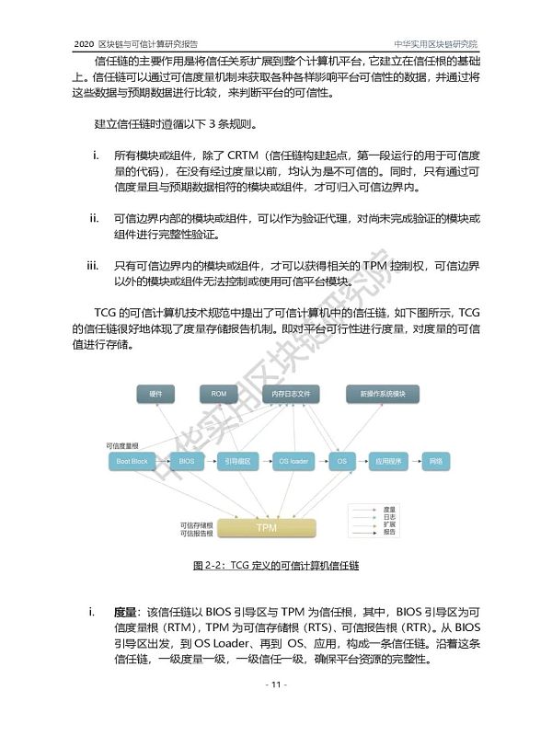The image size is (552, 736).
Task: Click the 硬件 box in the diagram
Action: [x=155, y=394]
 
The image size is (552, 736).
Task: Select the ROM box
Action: [x=219, y=394]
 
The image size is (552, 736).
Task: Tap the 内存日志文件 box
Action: [x=292, y=394]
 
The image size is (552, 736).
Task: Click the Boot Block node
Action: [x=132, y=460]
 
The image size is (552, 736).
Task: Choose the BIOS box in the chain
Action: [x=187, y=460]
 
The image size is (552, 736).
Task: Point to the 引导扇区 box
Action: [x=239, y=460]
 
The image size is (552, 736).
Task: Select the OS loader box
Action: [x=293, y=460]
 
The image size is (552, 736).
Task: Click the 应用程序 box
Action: [x=386, y=460]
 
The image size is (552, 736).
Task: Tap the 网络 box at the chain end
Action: [x=435, y=460]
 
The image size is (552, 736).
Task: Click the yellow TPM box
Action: [x=266, y=528]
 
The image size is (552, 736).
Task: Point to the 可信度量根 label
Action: [x=121, y=445]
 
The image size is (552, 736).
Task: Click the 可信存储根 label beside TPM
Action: [x=197, y=524]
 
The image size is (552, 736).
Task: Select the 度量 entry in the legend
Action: [x=389, y=509]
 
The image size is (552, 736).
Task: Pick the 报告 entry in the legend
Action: [x=389, y=532]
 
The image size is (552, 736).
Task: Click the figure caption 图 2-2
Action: [x=275, y=566]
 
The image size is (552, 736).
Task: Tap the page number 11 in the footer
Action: [x=276, y=685]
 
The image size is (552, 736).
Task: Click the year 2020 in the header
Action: [x=84, y=43]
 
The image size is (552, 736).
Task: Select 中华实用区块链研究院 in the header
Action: [x=436, y=43]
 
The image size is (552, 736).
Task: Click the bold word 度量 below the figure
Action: [x=125, y=611]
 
